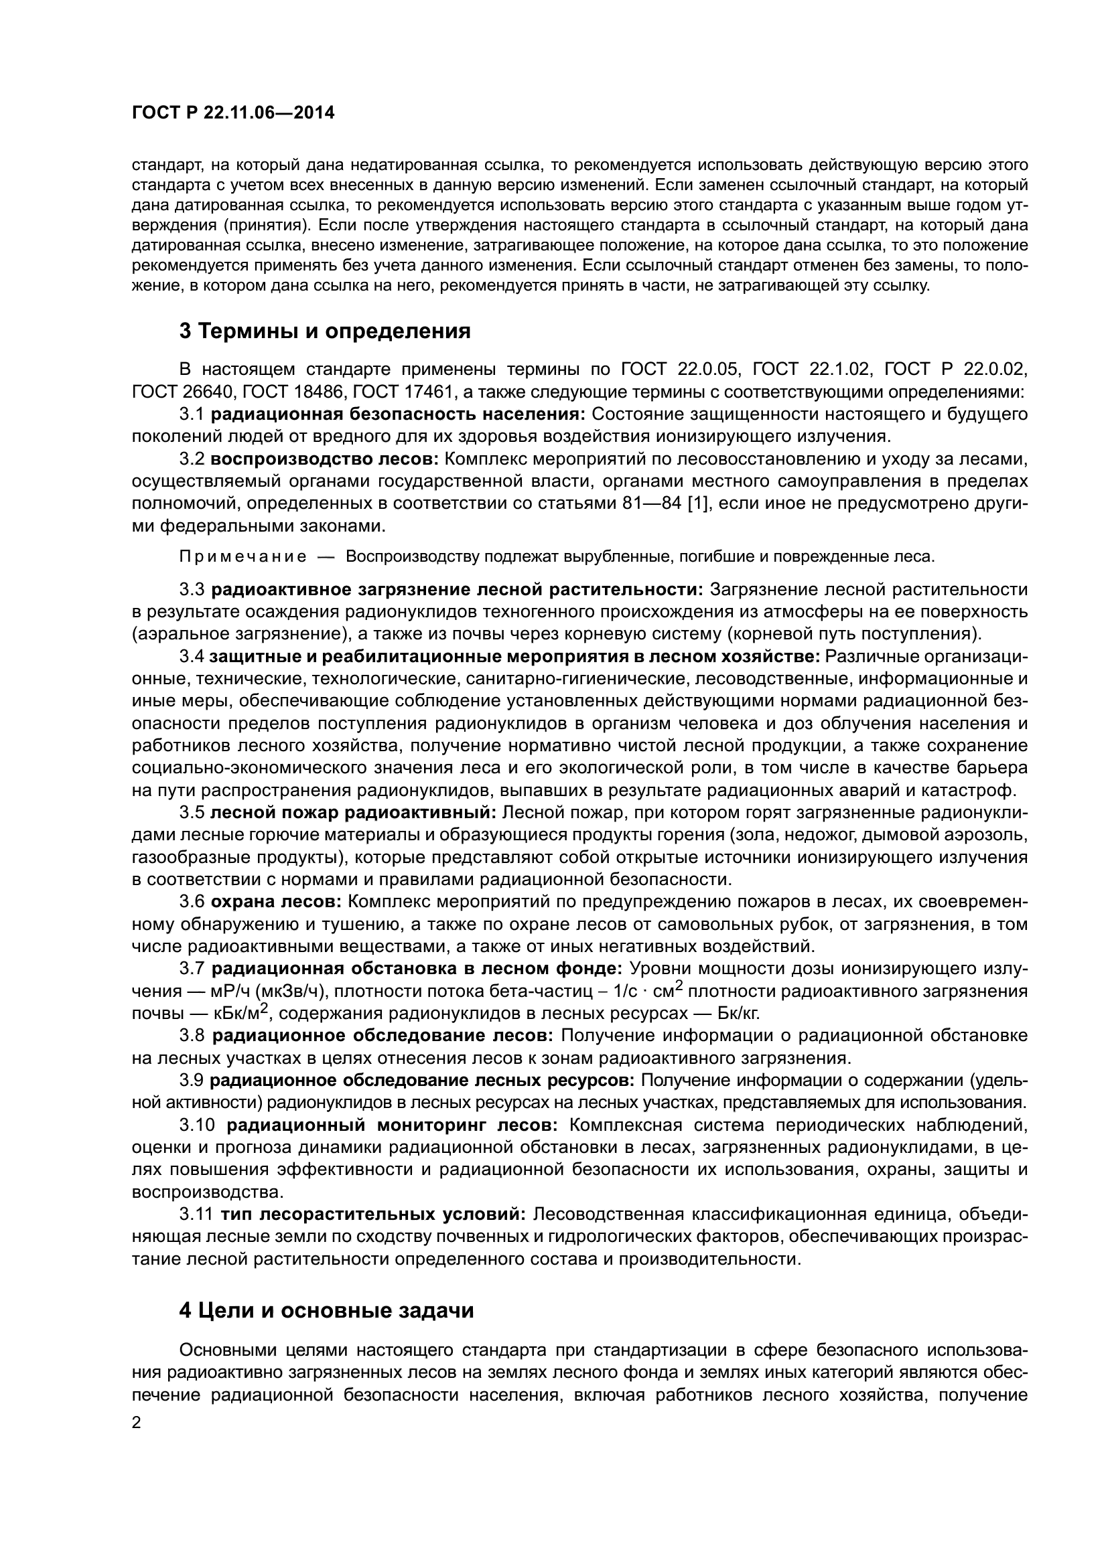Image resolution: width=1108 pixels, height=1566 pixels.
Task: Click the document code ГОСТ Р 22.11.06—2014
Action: (x=233, y=113)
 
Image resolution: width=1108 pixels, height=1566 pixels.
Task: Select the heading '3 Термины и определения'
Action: (x=325, y=331)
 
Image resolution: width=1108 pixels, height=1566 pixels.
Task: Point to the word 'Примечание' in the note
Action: (x=243, y=556)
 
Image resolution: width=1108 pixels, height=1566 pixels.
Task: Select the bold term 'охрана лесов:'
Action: (x=276, y=902)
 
